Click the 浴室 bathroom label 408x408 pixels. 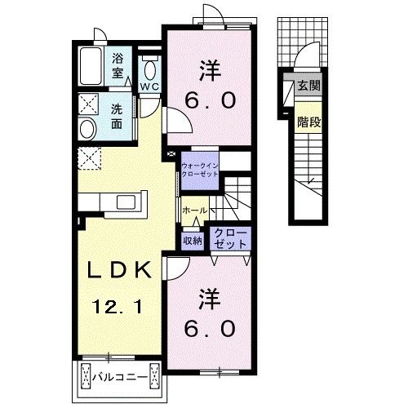pos(118,66)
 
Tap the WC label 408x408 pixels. pos(149,86)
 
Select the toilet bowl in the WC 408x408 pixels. pos(150,70)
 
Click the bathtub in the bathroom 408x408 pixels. pos(91,66)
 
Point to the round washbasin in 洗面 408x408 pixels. pos(87,129)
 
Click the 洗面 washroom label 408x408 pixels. pos(117,117)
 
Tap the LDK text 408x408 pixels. pos(119,269)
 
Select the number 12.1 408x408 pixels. pos(118,307)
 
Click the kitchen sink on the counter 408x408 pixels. pos(126,202)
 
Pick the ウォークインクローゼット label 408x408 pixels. pos(200,170)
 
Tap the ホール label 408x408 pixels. pos(195,210)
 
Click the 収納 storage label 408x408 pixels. pos(193,241)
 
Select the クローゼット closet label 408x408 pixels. pos(230,238)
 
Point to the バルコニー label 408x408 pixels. pos(120,377)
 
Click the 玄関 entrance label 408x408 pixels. pos(309,86)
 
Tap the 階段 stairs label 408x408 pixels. pos(309,122)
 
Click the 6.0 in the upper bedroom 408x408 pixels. pos(210,100)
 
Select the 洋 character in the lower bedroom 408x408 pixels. pos(210,299)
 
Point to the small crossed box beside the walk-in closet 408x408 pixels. pos(171,153)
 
